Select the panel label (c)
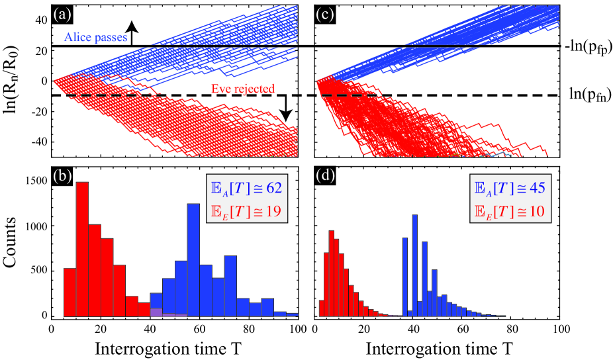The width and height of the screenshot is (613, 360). click(x=326, y=11)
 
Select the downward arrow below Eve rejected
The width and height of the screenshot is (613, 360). click(x=286, y=109)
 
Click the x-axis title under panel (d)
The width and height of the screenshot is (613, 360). click(x=438, y=347)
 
